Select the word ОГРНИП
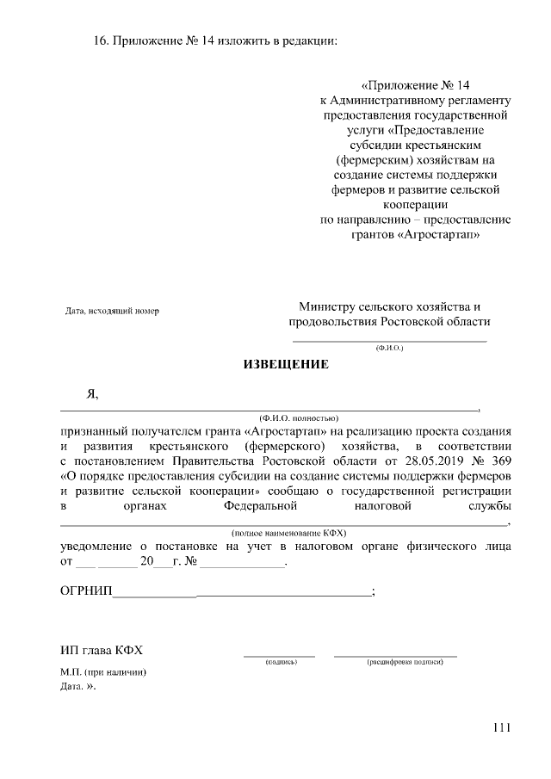coord(86,591)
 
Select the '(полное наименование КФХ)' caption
coord(285,534)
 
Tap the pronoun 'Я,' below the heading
coord(92,394)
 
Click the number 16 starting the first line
coord(99,41)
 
